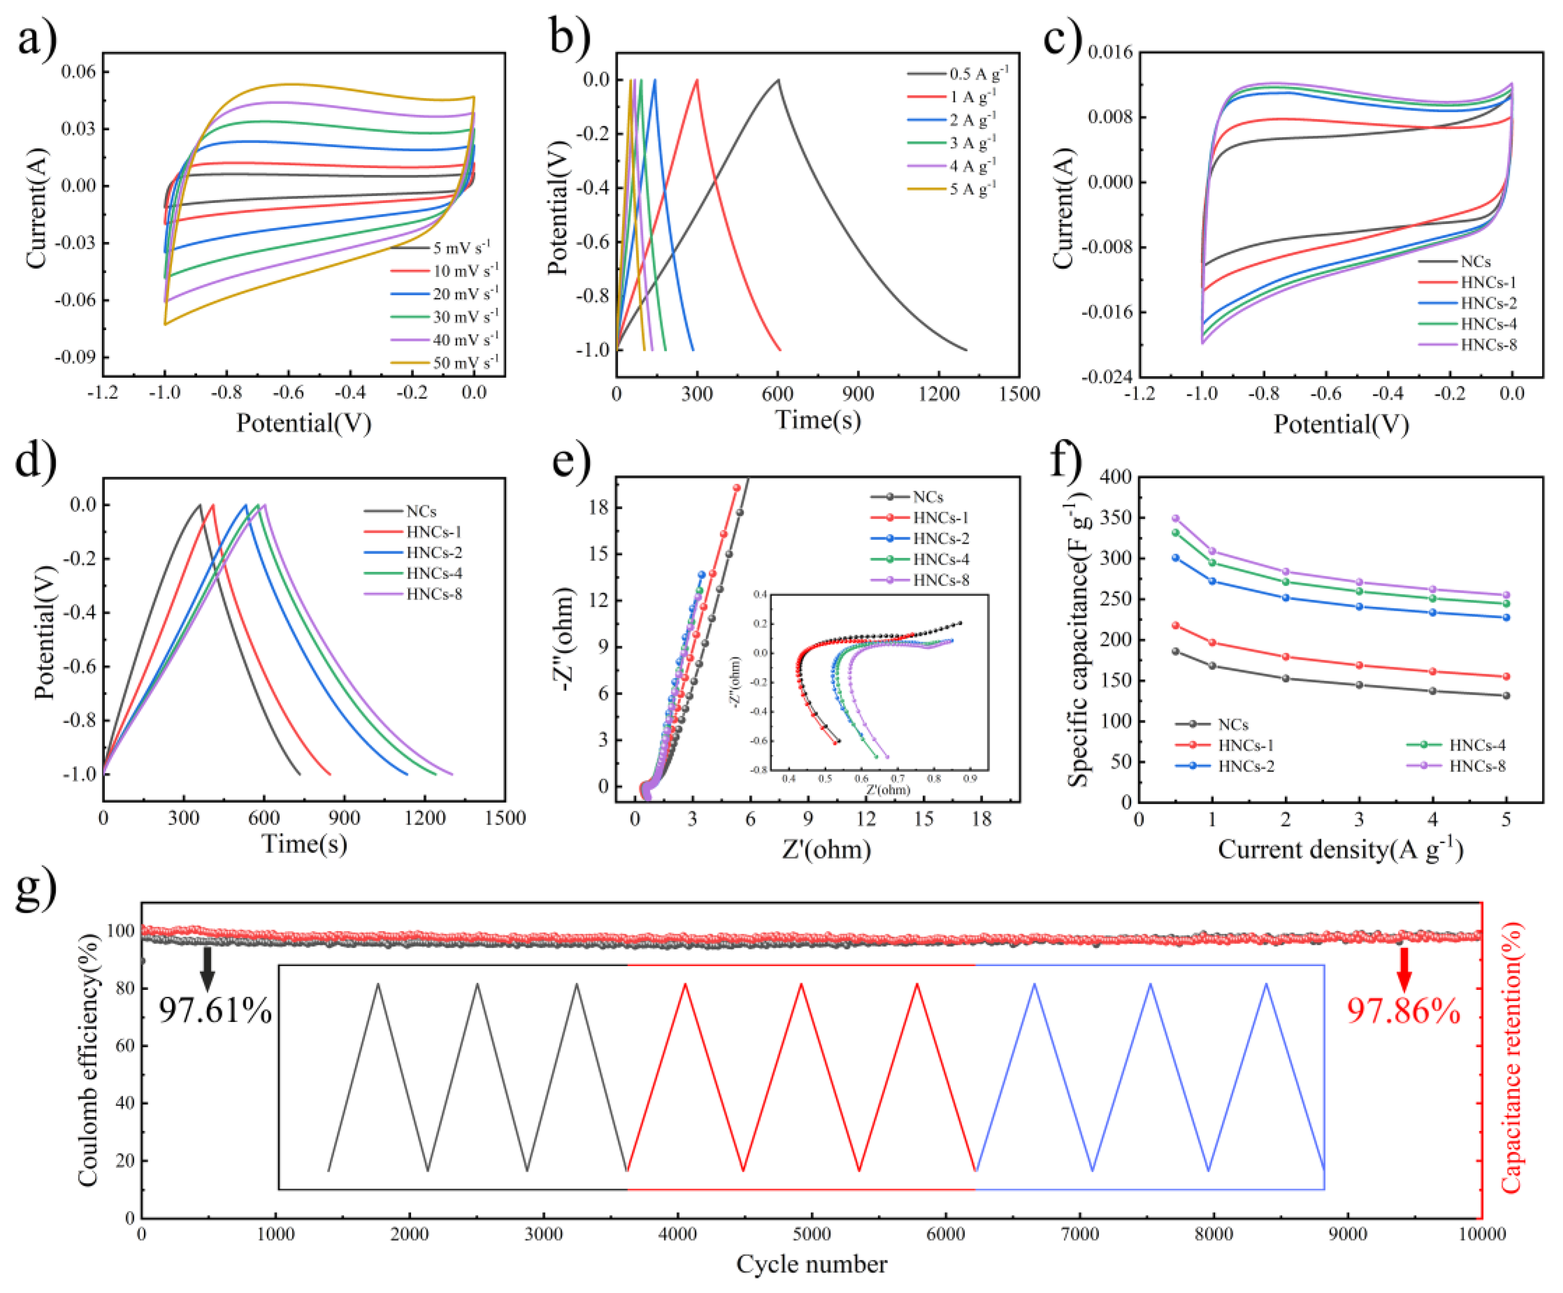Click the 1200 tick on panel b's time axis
tap(939, 394)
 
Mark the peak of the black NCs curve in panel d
tap(199, 505)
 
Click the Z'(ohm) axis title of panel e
tap(826, 849)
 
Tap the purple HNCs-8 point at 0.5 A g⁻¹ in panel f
tap(1176, 518)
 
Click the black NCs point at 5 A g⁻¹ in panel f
tap(1507, 696)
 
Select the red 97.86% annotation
tap(1404, 1011)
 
